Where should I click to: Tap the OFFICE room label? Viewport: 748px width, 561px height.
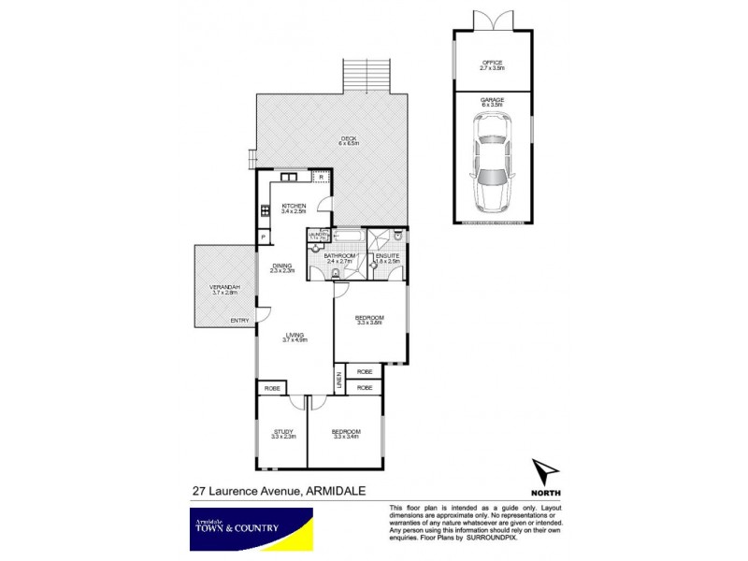(x=492, y=64)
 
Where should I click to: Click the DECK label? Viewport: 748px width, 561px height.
(x=349, y=140)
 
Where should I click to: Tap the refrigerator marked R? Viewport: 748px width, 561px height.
(x=321, y=176)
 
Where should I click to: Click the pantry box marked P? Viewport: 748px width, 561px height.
(x=264, y=237)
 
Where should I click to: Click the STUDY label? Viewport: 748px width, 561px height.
(x=283, y=433)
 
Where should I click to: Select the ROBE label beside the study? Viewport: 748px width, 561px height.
(x=271, y=387)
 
